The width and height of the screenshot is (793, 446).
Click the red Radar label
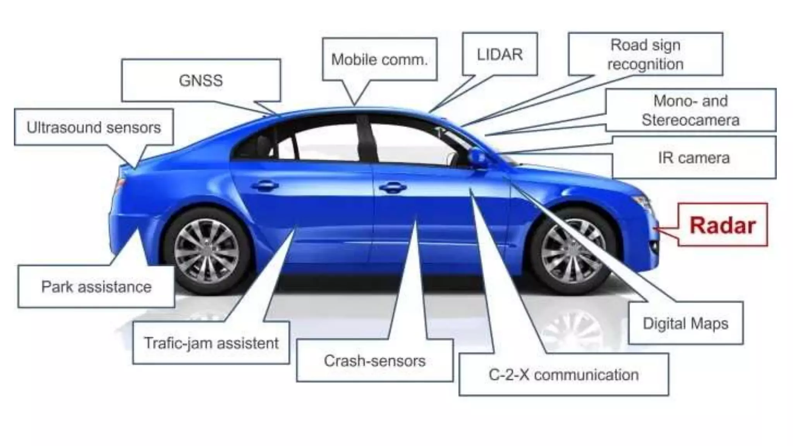(x=723, y=225)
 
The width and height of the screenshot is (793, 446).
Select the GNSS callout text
(x=201, y=81)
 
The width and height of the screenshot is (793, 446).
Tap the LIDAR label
(x=499, y=55)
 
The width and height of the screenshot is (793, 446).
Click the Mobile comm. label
(x=379, y=60)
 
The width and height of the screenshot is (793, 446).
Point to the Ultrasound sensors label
(x=94, y=127)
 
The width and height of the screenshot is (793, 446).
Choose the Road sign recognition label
(x=645, y=54)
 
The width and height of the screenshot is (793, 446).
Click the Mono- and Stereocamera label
(x=690, y=110)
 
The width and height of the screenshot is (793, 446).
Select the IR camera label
(x=693, y=158)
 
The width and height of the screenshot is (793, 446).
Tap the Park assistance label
(x=96, y=287)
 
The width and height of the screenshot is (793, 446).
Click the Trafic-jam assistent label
(x=211, y=343)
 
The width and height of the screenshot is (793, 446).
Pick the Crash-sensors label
(x=374, y=361)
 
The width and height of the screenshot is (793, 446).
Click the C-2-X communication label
(x=563, y=375)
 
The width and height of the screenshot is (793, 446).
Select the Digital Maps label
(x=685, y=323)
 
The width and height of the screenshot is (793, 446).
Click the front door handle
(x=393, y=188)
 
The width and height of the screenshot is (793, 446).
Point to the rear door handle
(x=265, y=186)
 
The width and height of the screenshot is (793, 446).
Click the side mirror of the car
(x=477, y=158)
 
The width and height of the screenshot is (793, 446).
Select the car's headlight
(x=643, y=202)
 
